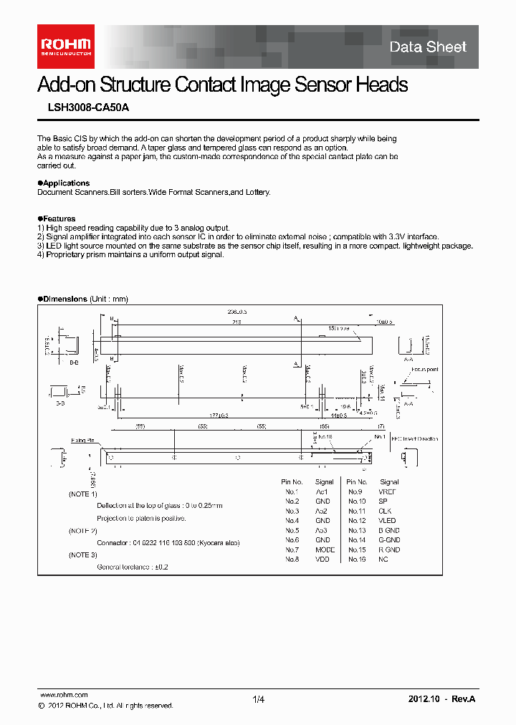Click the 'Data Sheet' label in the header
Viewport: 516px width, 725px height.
pos(428,47)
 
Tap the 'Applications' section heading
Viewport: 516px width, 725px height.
pos(66,183)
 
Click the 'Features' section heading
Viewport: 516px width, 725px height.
pos(59,219)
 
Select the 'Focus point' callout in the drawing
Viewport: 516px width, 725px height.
pos(425,370)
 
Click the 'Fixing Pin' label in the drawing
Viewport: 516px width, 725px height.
pos(83,441)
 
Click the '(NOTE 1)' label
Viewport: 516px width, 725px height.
pos(82,494)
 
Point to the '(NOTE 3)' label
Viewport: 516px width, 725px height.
pos(82,555)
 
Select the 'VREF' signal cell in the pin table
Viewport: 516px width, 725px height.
pos(387,492)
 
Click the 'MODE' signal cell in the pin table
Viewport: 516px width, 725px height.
pos(325,549)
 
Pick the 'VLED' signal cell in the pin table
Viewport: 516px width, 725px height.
pos(387,521)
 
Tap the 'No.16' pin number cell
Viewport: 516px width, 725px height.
pos(357,559)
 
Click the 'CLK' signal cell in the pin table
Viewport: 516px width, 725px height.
pos(386,512)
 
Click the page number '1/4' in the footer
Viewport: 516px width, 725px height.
pos(259,699)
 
